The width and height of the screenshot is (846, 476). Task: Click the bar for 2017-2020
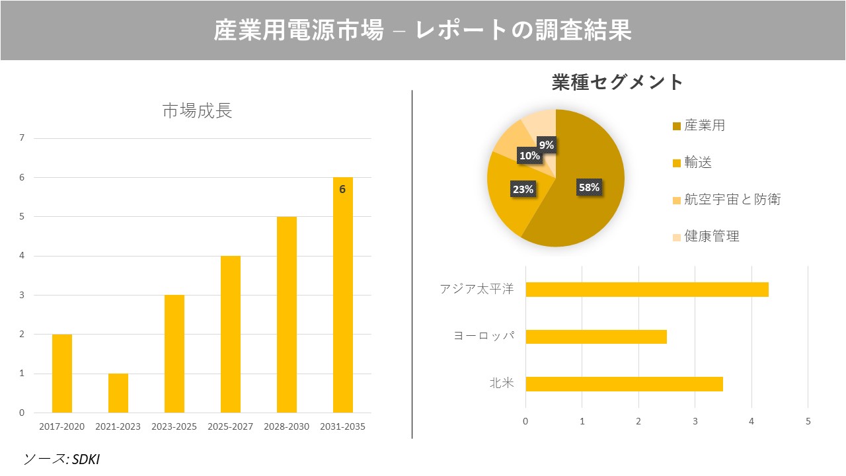pyautogui.click(x=62, y=374)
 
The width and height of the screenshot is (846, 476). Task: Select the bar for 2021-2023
pyautogui.click(x=118, y=393)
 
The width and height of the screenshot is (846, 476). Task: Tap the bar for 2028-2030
pyautogui.click(x=287, y=315)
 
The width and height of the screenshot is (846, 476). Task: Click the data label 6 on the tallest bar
pyautogui.click(x=342, y=189)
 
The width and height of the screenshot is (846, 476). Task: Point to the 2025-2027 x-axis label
pyautogui.click(x=230, y=426)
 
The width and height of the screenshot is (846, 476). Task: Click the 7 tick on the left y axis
pyautogui.click(x=22, y=138)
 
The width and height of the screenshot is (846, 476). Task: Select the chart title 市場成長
pyautogui.click(x=197, y=111)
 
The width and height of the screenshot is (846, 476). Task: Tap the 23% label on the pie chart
pyautogui.click(x=523, y=190)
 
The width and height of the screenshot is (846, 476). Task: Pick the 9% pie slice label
pyautogui.click(x=546, y=145)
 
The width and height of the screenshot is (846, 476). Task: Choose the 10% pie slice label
pyautogui.click(x=529, y=156)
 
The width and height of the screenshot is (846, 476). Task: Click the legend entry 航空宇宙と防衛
pyautogui.click(x=732, y=199)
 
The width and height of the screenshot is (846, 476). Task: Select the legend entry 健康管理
pyautogui.click(x=712, y=236)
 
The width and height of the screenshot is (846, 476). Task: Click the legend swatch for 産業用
pyautogui.click(x=676, y=126)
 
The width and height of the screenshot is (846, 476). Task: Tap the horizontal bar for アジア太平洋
pyautogui.click(x=646, y=290)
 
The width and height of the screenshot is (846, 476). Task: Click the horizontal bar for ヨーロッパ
pyautogui.click(x=596, y=337)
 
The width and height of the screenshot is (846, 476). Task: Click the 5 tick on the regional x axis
pyautogui.click(x=808, y=421)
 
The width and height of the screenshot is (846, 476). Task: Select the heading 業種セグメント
pyautogui.click(x=617, y=82)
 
